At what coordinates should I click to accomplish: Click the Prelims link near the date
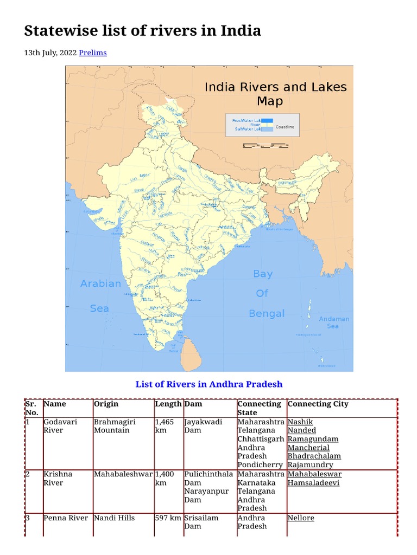point(92,53)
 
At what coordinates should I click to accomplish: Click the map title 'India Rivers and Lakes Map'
point(275,94)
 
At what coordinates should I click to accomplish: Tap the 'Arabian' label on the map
point(100,283)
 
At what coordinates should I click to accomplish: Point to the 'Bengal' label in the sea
point(267,313)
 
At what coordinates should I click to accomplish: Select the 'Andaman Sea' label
point(334,322)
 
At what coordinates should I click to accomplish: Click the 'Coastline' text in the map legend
point(285,127)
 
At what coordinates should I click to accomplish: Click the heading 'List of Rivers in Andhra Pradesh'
point(208,384)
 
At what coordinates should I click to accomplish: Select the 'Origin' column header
point(106,404)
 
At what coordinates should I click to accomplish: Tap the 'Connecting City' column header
point(318,404)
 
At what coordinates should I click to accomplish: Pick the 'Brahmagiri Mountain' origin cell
point(114,426)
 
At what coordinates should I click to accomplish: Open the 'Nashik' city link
point(300,422)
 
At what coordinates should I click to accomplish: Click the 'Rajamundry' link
point(310,465)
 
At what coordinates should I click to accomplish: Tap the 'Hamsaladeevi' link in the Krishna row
point(313,482)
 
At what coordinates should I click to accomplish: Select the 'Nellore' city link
point(301,518)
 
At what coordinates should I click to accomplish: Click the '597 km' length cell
point(168,518)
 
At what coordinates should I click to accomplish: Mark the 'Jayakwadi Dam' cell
point(203,426)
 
